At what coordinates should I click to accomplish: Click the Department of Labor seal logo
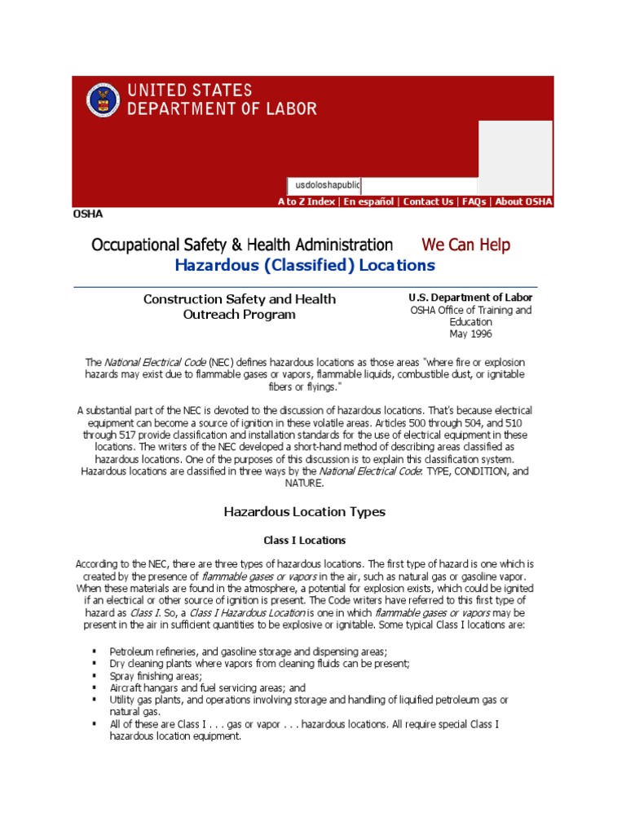(x=104, y=99)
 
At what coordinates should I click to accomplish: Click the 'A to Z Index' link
(x=306, y=201)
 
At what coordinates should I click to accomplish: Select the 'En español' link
(x=368, y=201)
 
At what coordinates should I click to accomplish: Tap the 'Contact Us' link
(x=428, y=201)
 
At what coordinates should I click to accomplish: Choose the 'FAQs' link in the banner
(x=474, y=201)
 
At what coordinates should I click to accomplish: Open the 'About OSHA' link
(x=523, y=201)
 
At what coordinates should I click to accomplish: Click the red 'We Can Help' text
(x=465, y=245)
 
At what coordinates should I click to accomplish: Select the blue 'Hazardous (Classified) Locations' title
(x=305, y=266)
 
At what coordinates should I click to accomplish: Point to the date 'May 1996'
(x=470, y=334)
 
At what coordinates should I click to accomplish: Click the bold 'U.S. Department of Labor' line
(x=470, y=298)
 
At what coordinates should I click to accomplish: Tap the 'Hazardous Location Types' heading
(x=304, y=512)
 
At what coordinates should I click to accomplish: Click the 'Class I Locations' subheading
(x=304, y=540)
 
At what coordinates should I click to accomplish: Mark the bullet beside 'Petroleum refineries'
(x=95, y=652)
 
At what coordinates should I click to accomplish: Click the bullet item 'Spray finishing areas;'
(x=156, y=676)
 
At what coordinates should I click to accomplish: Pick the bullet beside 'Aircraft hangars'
(x=95, y=688)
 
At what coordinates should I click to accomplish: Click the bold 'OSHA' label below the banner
(x=88, y=214)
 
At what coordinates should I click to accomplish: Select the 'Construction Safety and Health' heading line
(x=240, y=299)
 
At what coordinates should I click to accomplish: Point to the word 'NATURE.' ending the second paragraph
(x=304, y=483)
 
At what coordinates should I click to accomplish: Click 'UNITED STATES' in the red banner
(x=188, y=91)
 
